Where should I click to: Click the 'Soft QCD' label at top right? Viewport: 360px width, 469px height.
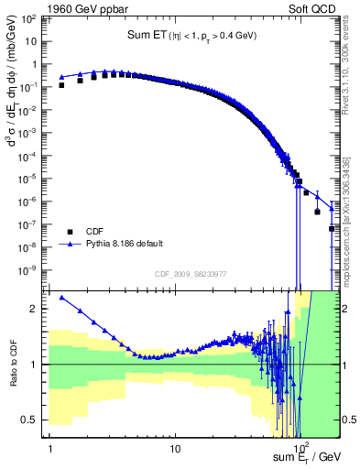click(313, 10)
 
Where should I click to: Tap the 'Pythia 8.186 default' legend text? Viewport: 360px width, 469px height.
click(128, 245)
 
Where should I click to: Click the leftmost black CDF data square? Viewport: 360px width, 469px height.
click(61, 85)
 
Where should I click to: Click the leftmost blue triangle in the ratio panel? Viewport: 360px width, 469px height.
click(61, 297)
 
